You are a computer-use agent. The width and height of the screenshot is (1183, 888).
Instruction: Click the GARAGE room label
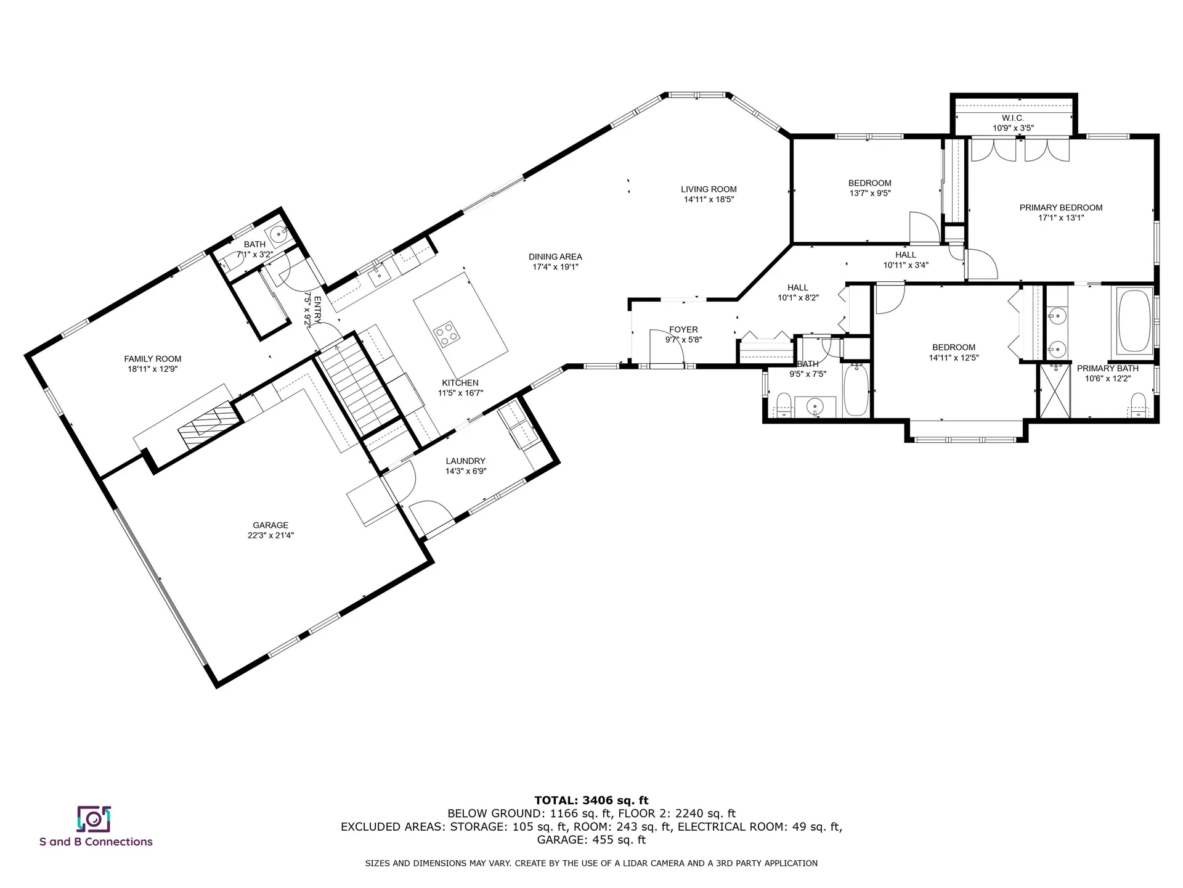tap(270, 525)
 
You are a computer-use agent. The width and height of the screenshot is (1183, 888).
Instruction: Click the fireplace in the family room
tap(208, 422)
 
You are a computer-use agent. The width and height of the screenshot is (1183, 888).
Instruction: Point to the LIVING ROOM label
tap(709, 189)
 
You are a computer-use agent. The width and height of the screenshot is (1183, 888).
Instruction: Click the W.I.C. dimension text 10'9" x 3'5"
tap(1013, 128)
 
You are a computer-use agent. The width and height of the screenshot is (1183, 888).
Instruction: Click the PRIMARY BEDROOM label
tap(1060, 208)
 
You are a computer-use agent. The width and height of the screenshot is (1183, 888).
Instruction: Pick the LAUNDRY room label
tap(466, 461)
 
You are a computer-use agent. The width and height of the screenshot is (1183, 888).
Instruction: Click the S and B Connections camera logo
tap(94, 819)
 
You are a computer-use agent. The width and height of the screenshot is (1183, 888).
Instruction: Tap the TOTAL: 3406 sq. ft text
tap(591, 800)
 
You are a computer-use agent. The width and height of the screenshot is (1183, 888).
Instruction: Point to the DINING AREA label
tap(555, 257)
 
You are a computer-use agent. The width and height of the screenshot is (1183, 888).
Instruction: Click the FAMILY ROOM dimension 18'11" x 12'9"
tap(152, 369)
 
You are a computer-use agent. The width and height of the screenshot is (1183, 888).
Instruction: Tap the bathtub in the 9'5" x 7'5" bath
tap(855, 390)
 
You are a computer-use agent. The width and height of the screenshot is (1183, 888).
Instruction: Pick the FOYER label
tap(683, 330)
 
